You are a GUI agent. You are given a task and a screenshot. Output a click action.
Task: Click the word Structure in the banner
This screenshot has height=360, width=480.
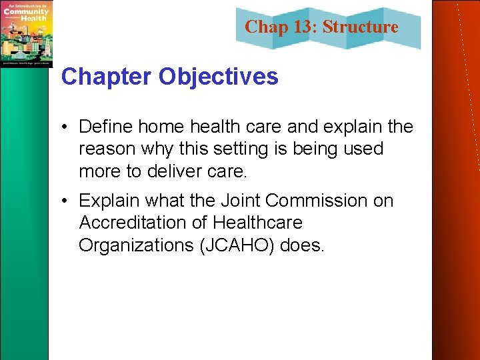[x=360, y=27]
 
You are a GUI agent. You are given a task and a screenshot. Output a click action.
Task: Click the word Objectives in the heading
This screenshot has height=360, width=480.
[x=218, y=77]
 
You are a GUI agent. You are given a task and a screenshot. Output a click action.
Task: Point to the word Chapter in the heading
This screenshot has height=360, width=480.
[x=107, y=77]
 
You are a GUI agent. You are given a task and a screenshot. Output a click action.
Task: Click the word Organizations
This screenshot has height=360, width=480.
[x=135, y=245]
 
